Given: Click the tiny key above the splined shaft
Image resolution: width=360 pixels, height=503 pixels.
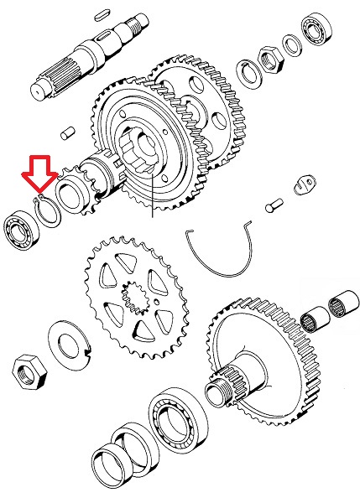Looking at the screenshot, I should point(102,11).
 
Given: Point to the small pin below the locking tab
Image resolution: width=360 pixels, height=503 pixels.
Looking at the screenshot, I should point(273,203).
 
